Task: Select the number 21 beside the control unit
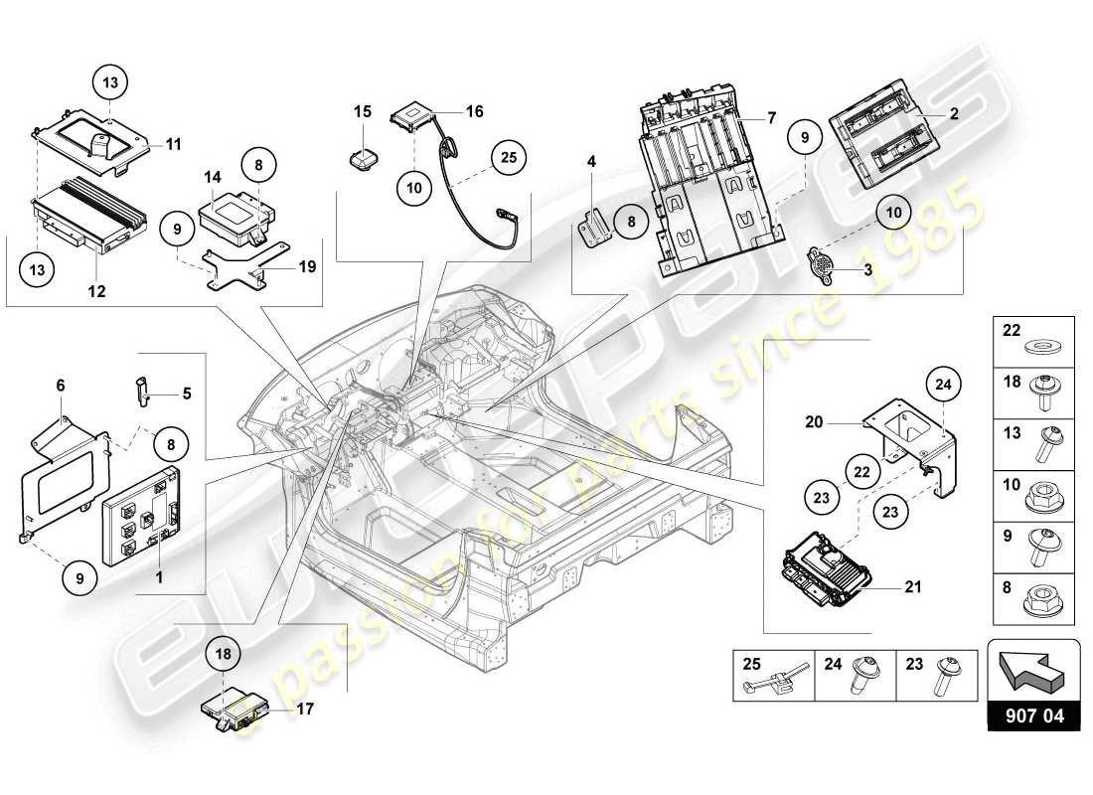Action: pyautogui.click(x=912, y=587)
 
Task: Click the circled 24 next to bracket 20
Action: pyautogui.click(x=943, y=384)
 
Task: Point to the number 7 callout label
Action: pyautogui.click(x=771, y=118)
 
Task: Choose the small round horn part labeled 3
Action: pyautogui.click(x=823, y=264)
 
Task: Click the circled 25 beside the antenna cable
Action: pyautogui.click(x=509, y=156)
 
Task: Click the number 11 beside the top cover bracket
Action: pyautogui.click(x=173, y=144)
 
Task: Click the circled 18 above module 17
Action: pyautogui.click(x=225, y=655)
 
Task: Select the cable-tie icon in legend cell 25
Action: pyautogui.click(x=757, y=686)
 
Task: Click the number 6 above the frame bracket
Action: pyautogui.click(x=61, y=385)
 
